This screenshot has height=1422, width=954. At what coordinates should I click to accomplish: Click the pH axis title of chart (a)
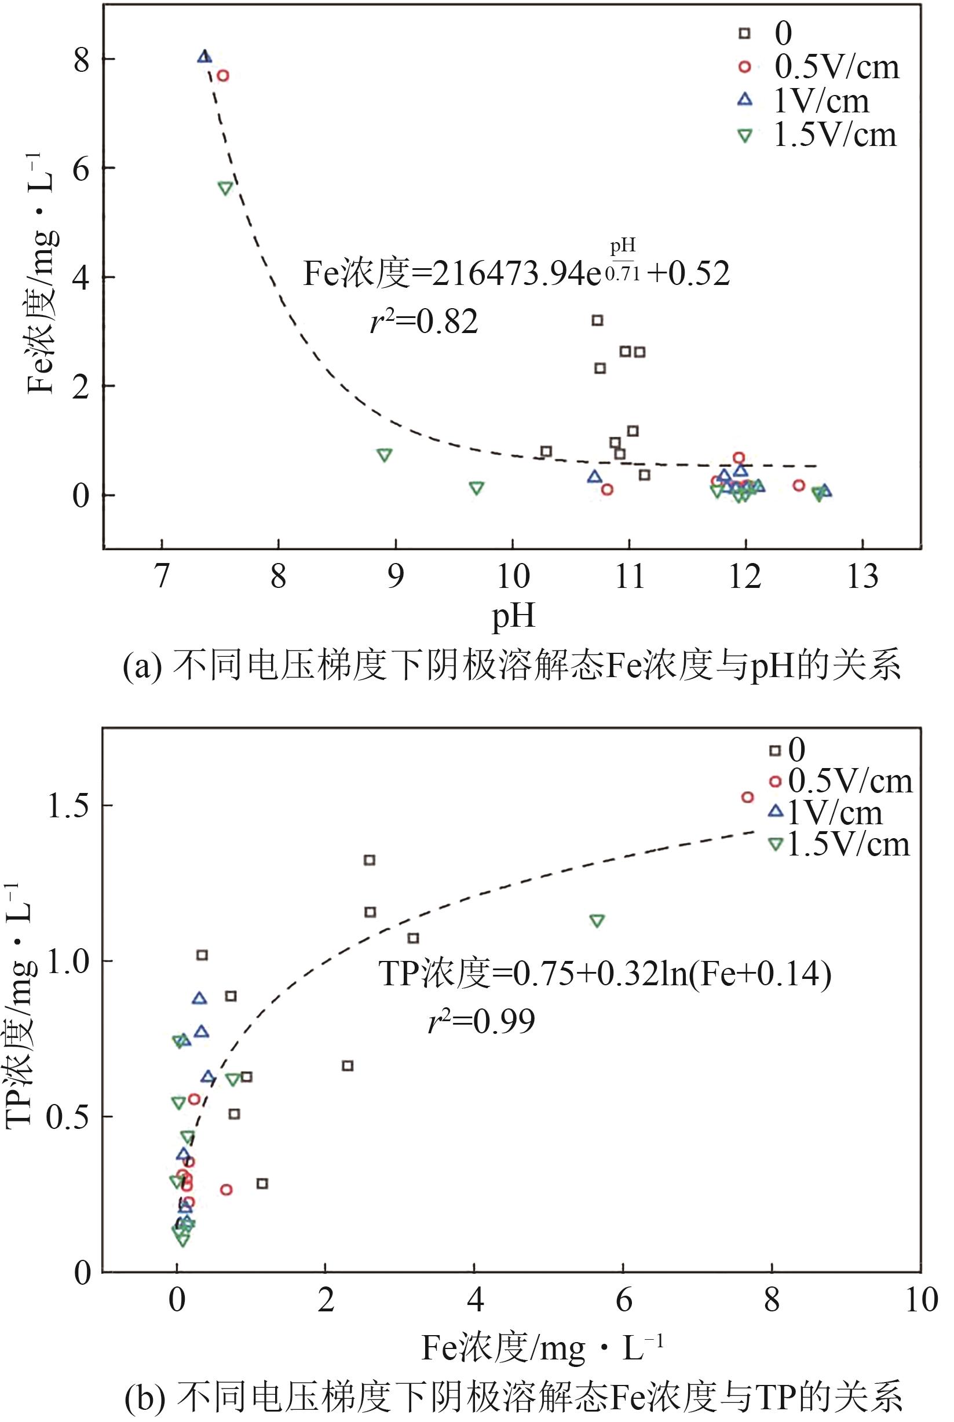513,615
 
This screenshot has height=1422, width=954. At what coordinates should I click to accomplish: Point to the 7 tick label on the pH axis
162,576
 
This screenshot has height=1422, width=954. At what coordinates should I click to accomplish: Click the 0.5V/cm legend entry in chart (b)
849,781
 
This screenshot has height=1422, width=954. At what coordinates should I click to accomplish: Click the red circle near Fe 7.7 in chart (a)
222,75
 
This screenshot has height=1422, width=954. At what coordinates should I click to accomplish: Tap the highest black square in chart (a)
597,320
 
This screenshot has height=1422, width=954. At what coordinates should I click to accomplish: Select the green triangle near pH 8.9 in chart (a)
384,455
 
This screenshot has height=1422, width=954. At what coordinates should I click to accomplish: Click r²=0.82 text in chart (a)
424,321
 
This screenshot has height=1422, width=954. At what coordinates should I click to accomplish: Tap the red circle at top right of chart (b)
748,797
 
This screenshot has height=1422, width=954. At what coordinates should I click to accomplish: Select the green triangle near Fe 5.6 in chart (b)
597,920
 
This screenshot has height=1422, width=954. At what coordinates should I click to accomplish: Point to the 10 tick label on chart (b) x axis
920,1300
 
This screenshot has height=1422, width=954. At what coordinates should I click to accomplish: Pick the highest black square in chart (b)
370,860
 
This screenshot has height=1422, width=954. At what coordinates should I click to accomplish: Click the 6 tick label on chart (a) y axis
81,169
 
